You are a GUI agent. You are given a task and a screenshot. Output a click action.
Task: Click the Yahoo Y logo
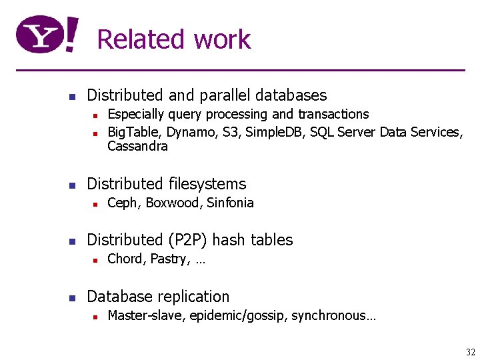coord(48,35)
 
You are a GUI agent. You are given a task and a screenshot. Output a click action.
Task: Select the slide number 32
coord(471,352)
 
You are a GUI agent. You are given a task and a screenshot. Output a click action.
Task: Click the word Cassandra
coord(137,146)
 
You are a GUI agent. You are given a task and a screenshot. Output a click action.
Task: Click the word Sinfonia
coord(230,203)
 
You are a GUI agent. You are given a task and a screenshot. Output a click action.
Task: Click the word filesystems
coord(207,184)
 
